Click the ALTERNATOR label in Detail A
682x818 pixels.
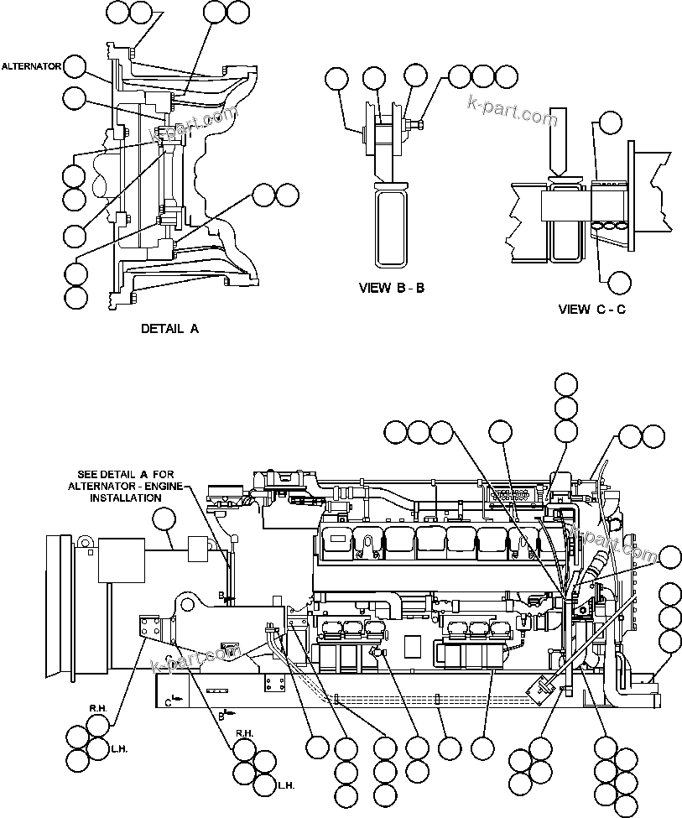coord(30,65)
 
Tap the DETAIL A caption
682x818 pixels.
coord(169,329)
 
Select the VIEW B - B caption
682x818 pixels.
coord(391,288)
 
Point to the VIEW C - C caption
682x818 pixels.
coord(591,309)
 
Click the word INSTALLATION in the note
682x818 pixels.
coord(125,498)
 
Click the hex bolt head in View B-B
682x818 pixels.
coord(418,125)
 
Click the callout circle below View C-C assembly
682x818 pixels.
coord(619,282)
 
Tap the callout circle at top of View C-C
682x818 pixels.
coord(609,122)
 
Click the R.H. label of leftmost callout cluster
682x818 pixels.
coord(96,709)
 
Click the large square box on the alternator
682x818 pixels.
coord(122,560)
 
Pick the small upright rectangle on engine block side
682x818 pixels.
coord(412,645)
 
